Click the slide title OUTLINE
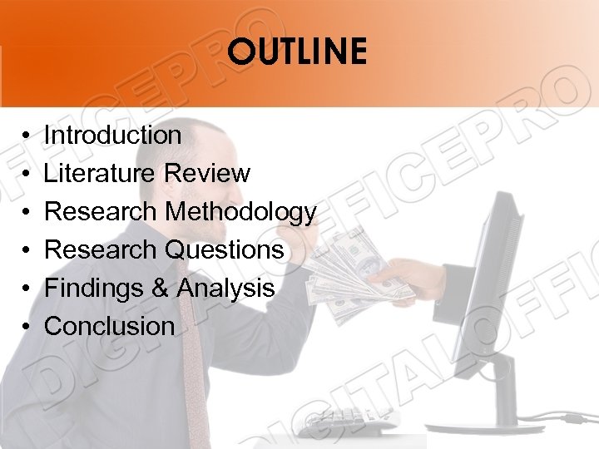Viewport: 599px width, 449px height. [x=297, y=52]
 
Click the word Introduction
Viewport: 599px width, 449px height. [x=112, y=135]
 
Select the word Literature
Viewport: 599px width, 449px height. [x=100, y=173]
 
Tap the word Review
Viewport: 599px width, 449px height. [x=207, y=173]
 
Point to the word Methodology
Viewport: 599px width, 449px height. [x=240, y=213]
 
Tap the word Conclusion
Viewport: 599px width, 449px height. [x=109, y=326]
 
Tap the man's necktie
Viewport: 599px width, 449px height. [x=193, y=374]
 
